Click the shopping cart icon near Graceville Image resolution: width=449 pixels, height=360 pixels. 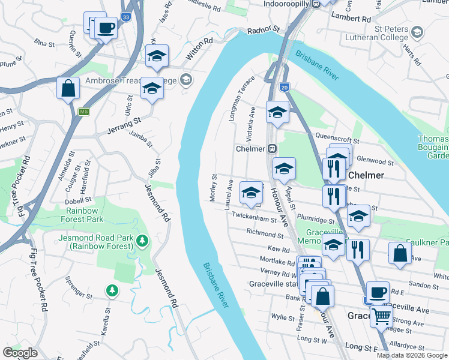(382, 317)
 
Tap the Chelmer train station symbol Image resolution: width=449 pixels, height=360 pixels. (272, 148)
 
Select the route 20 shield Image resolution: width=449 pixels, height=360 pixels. (284, 87)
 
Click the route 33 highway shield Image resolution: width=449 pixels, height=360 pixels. (125, 19)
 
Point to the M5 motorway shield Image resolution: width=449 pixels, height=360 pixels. (83, 112)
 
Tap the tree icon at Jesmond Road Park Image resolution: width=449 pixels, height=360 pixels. (142, 241)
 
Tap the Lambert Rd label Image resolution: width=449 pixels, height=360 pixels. (351, 19)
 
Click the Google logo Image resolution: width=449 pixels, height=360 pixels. (20, 352)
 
